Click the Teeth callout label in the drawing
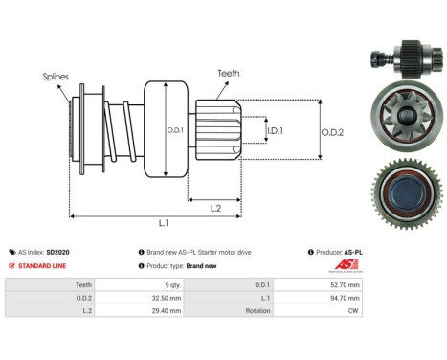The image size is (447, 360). pyautogui.click(x=228, y=73)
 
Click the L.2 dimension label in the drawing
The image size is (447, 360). pyautogui.click(x=215, y=208)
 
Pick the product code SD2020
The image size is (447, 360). pyautogui.click(x=58, y=252)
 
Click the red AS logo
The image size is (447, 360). pyautogui.click(x=346, y=265)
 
